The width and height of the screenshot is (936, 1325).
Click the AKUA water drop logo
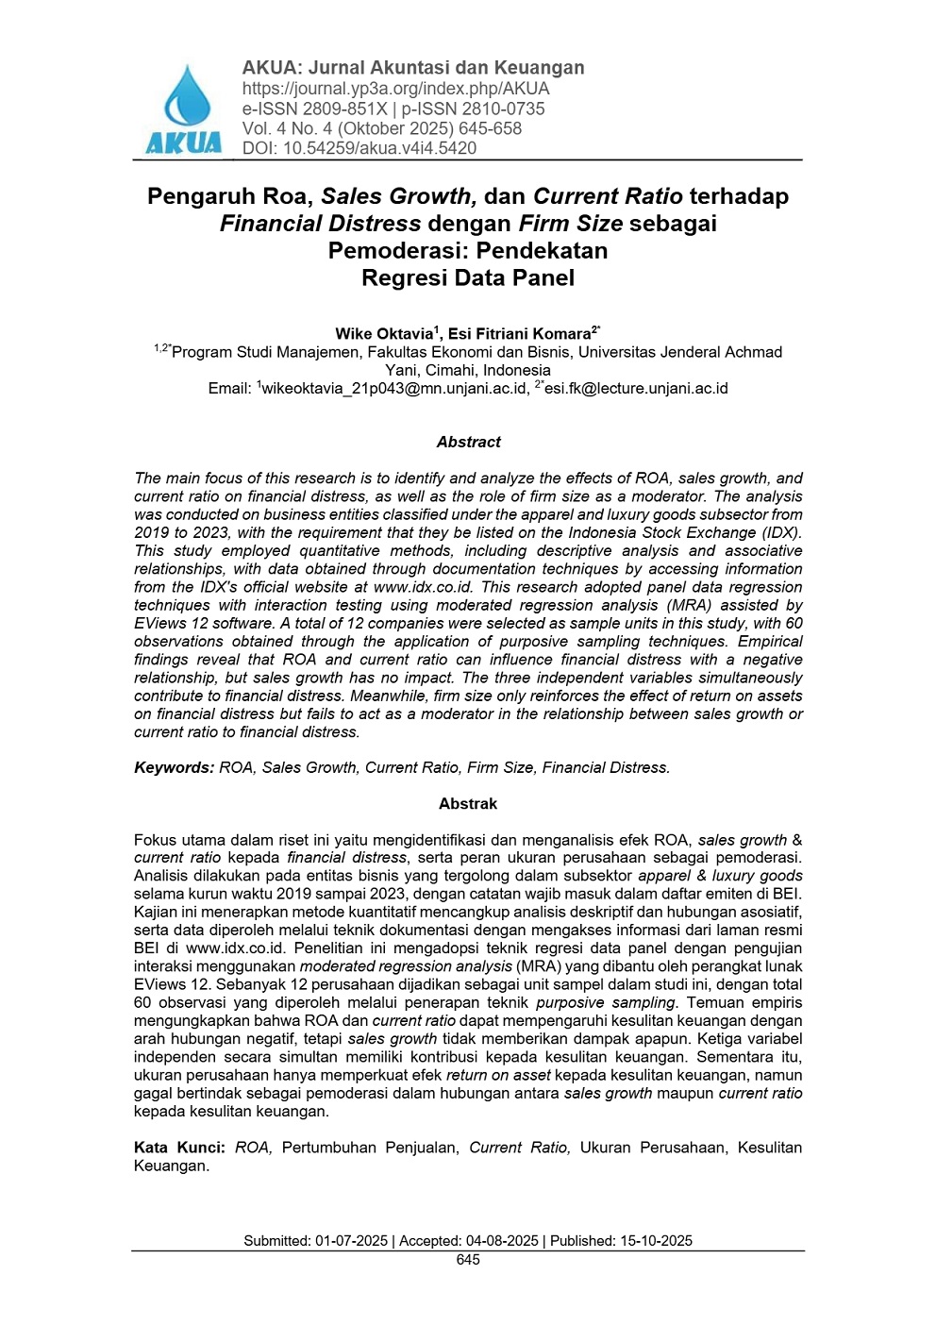tap(184, 107)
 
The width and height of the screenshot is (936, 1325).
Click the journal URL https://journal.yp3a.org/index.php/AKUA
tap(395, 89)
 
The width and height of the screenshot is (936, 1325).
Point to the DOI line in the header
tap(359, 148)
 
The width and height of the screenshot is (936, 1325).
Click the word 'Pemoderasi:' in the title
tap(397, 251)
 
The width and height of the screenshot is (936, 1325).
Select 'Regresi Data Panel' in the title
tap(468, 278)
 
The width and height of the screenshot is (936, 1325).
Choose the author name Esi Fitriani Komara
tap(520, 334)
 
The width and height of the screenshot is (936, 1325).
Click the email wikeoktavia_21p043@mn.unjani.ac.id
tap(394, 389)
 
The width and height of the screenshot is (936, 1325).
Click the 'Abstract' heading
tap(468, 442)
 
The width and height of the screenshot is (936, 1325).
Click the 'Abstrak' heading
tap(468, 804)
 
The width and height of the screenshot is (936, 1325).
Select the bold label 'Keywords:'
tap(175, 768)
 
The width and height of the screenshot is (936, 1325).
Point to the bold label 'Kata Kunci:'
tap(179, 1148)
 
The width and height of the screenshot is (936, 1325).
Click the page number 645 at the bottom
tap(468, 1260)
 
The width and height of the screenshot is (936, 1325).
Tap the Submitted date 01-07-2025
tap(351, 1241)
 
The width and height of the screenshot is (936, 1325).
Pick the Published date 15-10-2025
tap(656, 1241)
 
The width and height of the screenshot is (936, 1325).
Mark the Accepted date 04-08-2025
tap(502, 1241)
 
